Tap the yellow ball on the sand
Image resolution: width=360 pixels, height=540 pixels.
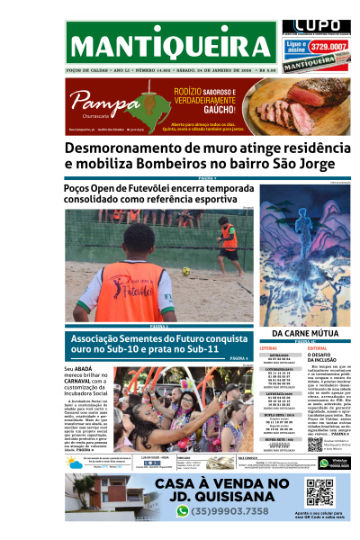coord(185,271)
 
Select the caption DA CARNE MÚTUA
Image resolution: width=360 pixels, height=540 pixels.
coord(305,334)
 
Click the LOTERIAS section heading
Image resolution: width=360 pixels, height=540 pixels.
coord(269,347)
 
